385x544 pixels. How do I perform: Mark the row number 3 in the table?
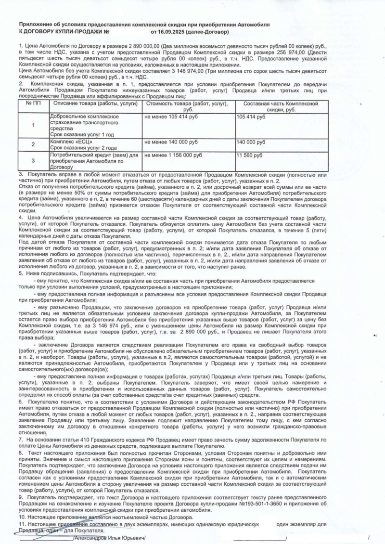pyautogui.click(x=33, y=160)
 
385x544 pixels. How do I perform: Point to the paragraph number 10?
pyautogui.click(x=22, y=517)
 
